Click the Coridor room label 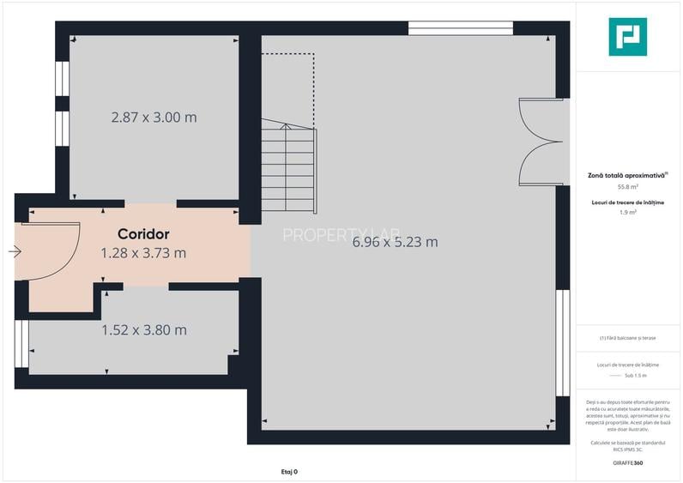(143, 233)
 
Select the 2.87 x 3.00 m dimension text (154, 118)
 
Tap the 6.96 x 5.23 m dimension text (395, 242)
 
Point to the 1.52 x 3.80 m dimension (144, 330)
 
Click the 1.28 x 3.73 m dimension (143, 253)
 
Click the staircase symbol (289, 167)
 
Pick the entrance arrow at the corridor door (15, 251)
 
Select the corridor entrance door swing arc (60, 253)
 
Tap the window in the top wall (460, 28)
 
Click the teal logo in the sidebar (627, 37)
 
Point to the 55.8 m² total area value (627, 186)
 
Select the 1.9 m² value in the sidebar (627, 212)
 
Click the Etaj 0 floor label (289, 471)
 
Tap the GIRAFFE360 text (627, 463)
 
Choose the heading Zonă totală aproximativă (626, 174)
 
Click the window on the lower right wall (563, 342)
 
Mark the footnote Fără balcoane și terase (627, 338)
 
